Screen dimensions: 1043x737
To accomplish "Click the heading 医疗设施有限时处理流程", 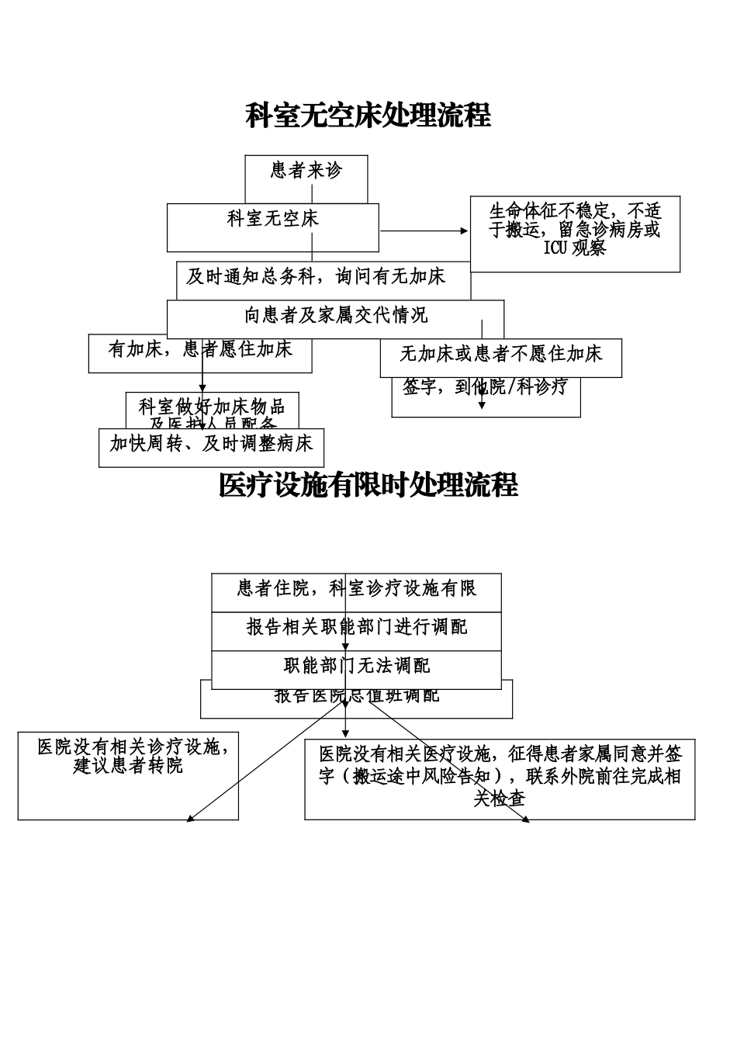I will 368,486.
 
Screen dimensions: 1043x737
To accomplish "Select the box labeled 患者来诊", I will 306,171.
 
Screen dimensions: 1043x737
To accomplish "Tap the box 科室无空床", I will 272,220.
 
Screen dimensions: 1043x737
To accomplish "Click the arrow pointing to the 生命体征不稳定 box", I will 463,230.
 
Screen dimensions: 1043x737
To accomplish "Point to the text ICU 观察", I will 575,248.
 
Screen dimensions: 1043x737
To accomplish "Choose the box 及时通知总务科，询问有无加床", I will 316,277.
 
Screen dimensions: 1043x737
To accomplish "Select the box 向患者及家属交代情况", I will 335,316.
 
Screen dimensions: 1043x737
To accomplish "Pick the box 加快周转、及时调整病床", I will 211,445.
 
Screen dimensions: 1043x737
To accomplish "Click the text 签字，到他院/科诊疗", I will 486,387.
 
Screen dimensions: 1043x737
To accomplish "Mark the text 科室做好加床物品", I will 212,407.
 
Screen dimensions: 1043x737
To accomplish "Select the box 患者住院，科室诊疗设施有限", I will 356,589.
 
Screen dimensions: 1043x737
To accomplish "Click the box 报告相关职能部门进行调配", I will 356,627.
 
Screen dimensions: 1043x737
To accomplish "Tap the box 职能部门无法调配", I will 356,666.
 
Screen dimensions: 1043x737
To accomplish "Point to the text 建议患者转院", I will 128,766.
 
